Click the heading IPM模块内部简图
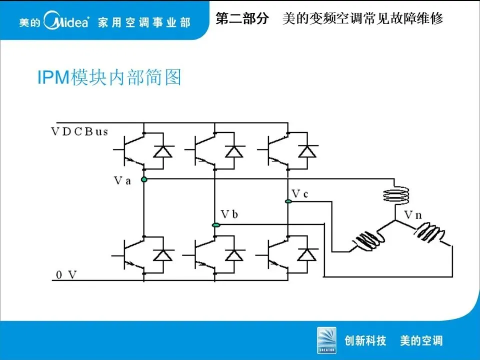109,77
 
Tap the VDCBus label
79,131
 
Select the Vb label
229,215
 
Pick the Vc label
299,193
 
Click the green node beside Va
144,179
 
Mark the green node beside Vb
215,225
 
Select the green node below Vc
288,201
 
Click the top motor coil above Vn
395,194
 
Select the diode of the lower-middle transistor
234,254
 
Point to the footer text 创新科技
365,341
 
